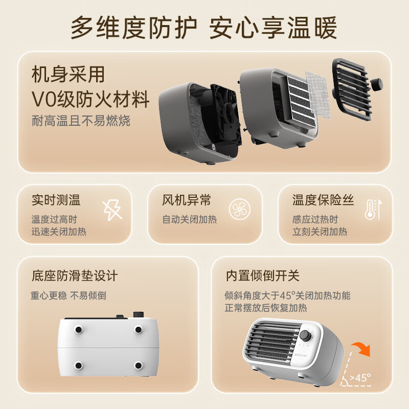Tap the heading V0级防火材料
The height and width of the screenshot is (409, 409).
(x=91, y=99)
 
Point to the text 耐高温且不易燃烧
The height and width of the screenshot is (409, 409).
(x=81, y=121)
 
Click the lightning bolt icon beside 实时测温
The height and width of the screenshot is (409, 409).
(x=112, y=209)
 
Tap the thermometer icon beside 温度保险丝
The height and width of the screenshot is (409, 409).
(x=373, y=210)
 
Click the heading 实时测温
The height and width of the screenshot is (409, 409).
(x=56, y=200)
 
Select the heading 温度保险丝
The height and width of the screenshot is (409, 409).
(x=323, y=200)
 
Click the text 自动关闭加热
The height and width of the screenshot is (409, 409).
(x=190, y=219)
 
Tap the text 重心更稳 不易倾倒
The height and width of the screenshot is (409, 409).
(x=69, y=296)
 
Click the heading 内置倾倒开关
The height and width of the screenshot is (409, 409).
(x=262, y=276)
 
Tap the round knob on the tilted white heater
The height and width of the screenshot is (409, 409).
(x=306, y=336)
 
